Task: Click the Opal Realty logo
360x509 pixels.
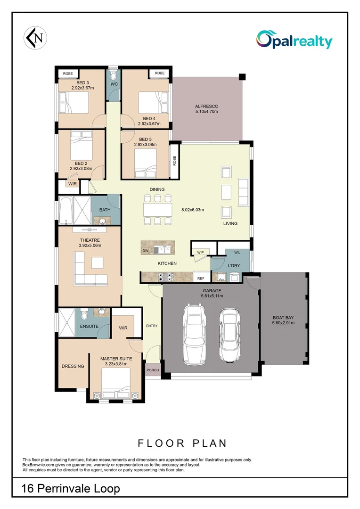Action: click(294, 40)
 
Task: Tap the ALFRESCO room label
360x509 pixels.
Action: click(206, 107)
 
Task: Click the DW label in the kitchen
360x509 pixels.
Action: click(145, 251)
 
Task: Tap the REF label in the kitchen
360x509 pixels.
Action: click(201, 279)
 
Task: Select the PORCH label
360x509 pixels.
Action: click(153, 370)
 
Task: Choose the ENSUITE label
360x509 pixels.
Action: click(89, 326)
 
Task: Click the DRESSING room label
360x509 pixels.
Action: click(73, 366)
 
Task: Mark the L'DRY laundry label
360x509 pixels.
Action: click(234, 266)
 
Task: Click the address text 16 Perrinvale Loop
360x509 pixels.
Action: click(71, 489)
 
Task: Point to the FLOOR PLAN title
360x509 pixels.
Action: click(182, 443)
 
